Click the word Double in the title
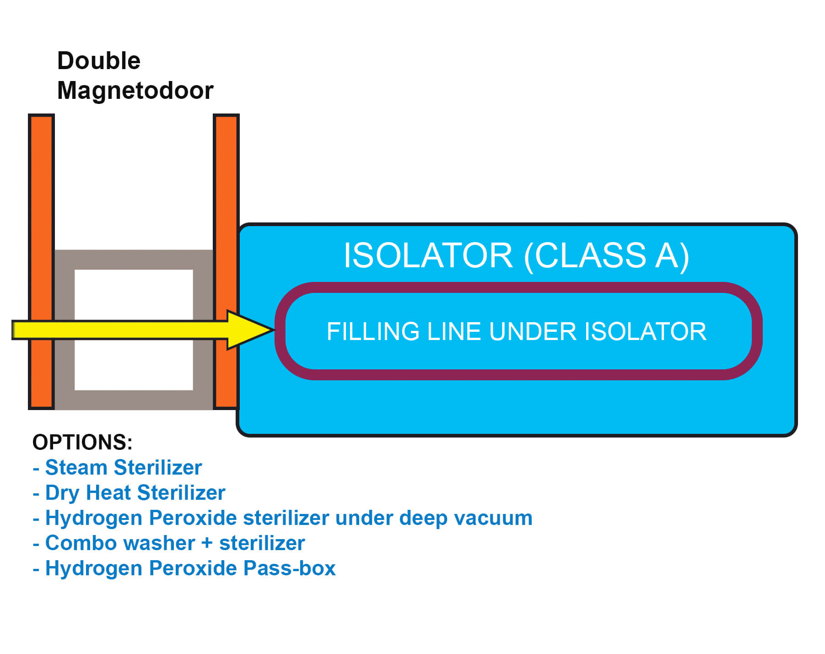tap(98, 61)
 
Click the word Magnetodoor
tap(135, 90)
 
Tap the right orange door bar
tap(226, 183)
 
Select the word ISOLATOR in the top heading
tap(428, 255)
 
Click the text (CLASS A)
tap(606, 255)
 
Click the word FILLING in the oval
tap(373, 331)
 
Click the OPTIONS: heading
tap(82, 442)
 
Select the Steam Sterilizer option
tap(123, 468)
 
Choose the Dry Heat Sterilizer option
tap(135, 493)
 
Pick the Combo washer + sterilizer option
tap(175, 543)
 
